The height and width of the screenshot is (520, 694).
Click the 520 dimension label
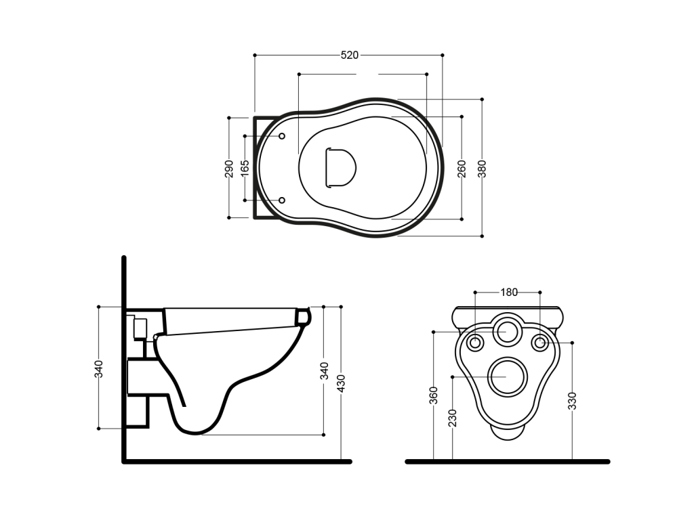point(349,56)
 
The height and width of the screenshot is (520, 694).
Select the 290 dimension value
point(229,169)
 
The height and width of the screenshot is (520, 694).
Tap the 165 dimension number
point(244,169)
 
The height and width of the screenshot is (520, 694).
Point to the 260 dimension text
point(461,169)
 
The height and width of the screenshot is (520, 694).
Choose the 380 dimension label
point(482,169)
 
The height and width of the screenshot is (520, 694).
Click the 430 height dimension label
point(341,383)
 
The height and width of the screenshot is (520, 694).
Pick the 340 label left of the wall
point(98,369)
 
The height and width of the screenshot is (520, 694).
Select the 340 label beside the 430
point(324,370)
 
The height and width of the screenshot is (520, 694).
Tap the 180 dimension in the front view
point(508,292)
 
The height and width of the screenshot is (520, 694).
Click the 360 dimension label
point(433,395)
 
